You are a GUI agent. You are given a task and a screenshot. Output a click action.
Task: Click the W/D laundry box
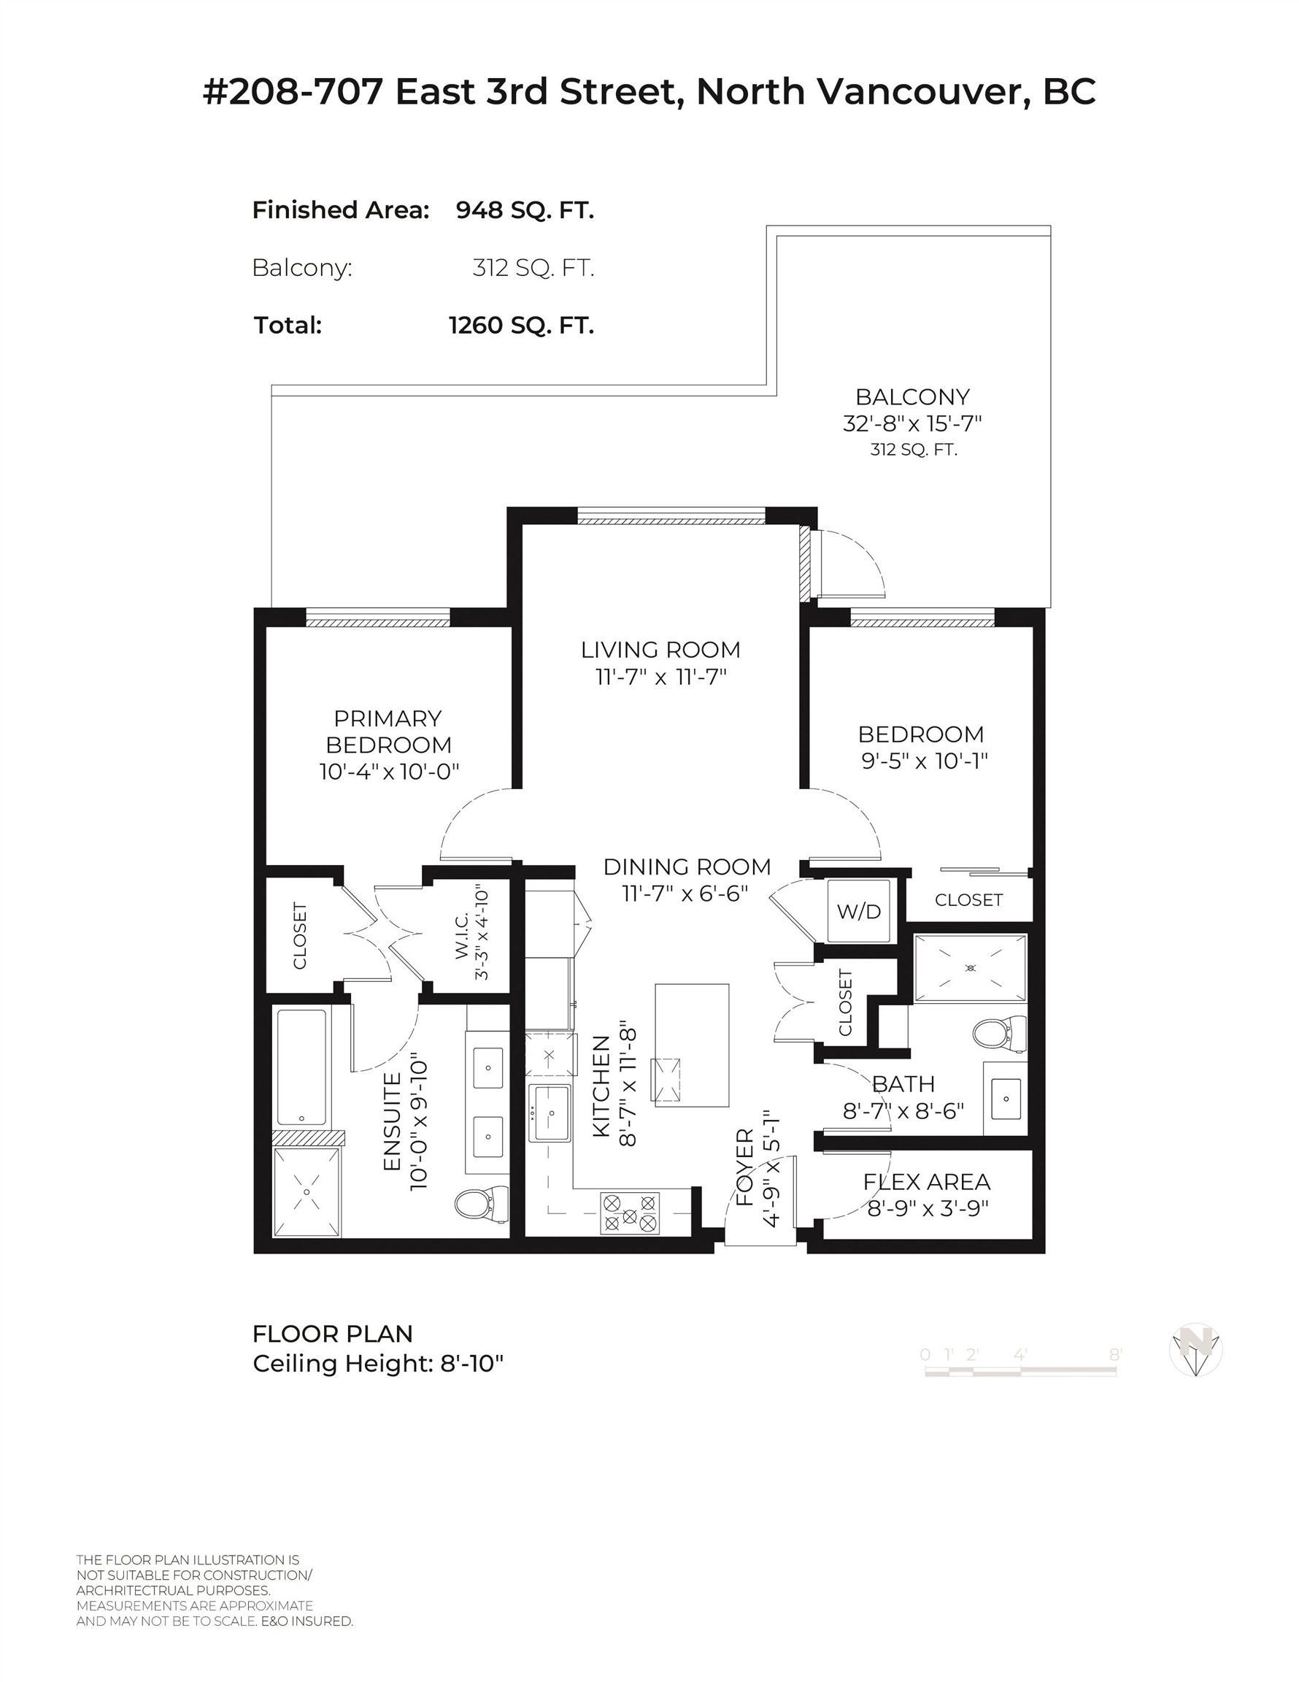click(x=857, y=911)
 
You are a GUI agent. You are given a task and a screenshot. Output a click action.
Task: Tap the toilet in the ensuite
click(x=480, y=1204)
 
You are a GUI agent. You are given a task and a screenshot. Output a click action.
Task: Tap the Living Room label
click(x=660, y=649)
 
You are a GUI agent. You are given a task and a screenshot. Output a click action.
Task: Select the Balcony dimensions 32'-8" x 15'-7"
click(x=911, y=423)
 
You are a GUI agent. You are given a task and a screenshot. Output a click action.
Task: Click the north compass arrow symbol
click(x=1195, y=1349)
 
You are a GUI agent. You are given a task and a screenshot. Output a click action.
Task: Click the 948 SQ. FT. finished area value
click(x=525, y=210)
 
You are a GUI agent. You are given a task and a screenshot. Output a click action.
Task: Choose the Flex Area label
click(x=926, y=1181)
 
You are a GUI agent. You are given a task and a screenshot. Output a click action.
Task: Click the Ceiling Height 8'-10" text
click(x=377, y=1364)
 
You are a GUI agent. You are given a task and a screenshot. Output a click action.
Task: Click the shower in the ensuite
click(x=307, y=1191)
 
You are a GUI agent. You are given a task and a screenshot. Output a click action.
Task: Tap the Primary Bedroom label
click(x=388, y=731)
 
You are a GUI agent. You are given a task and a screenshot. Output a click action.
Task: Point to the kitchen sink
click(x=550, y=1113)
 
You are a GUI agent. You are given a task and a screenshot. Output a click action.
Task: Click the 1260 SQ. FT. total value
click(x=521, y=325)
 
